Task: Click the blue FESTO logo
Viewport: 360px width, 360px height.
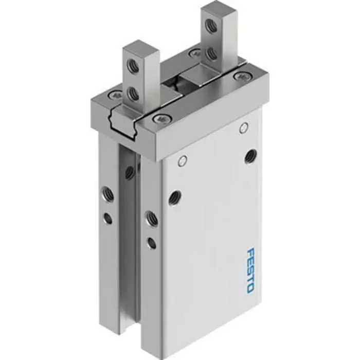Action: pyautogui.click(x=250, y=271)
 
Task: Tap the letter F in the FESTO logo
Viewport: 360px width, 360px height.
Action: pyautogui.click(x=250, y=253)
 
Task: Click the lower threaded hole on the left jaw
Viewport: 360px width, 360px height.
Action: pyautogui.click(x=133, y=94)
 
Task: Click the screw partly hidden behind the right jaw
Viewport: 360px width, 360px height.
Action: pyautogui.click(x=195, y=52)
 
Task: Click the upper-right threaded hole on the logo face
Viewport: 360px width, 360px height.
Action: pyautogui.click(x=250, y=155)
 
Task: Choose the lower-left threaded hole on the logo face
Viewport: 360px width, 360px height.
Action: pyautogui.click(x=175, y=196)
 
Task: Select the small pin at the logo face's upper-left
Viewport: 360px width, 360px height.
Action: pyautogui.click(x=181, y=161)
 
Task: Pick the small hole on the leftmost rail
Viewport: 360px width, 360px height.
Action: pyautogui.click(x=108, y=219)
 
